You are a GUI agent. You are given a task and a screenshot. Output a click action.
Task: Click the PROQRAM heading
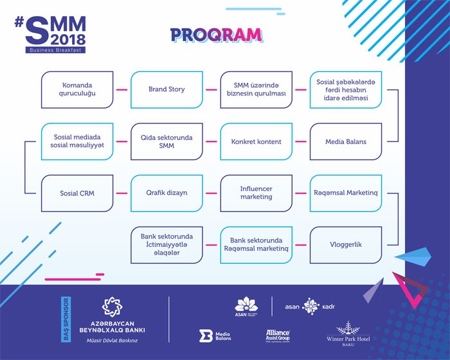click(x=216, y=35)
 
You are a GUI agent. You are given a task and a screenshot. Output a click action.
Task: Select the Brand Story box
click(x=166, y=89)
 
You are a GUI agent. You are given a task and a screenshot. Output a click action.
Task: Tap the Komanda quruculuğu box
click(x=77, y=89)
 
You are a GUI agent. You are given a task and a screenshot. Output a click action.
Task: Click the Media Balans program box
click(x=346, y=141)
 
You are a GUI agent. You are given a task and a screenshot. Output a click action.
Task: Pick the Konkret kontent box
click(x=256, y=141)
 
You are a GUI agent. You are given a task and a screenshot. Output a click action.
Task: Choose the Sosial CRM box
click(x=77, y=193)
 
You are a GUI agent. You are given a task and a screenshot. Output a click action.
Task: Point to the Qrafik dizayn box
click(x=166, y=193)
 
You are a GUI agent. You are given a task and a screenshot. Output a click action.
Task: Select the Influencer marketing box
click(x=256, y=193)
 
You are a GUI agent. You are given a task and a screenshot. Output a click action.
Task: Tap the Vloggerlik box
click(x=346, y=245)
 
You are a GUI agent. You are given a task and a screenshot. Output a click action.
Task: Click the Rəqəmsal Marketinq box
click(x=346, y=193)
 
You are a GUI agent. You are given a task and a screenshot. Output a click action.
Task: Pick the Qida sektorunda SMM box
click(x=166, y=141)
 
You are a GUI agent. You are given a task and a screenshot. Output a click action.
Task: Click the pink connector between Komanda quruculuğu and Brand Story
click(x=122, y=89)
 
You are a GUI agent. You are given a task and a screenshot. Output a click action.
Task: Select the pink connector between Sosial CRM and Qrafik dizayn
click(x=122, y=193)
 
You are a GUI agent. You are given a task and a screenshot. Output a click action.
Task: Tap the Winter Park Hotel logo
click(x=348, y=332)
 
